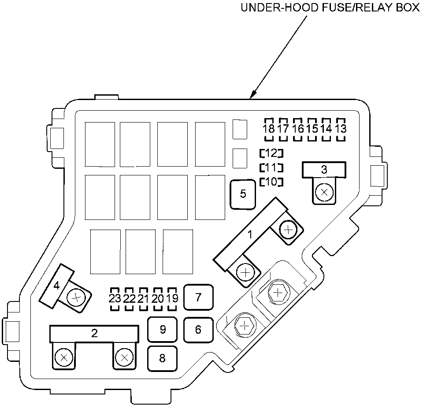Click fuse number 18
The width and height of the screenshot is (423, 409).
point(268,129)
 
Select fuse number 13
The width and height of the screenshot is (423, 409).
point(341,129)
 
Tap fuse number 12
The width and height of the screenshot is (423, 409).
point(271,153)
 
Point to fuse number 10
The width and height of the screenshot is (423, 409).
point(271,182)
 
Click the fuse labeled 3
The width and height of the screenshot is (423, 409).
point(324,169)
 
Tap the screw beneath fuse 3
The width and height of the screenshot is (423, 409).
point(325,192)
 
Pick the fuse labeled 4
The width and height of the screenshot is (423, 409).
point(56,286)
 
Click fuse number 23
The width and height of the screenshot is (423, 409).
point(115,298)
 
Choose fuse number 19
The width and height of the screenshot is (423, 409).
point(173,298)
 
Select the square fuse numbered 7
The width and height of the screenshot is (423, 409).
point(198,297)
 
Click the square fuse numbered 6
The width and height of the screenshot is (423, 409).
point(198,329)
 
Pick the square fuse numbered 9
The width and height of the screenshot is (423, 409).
point(163,329)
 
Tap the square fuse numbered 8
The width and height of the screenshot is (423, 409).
point(162,358)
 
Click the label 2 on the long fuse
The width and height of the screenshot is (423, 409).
point(94,333)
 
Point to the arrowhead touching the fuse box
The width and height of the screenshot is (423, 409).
point(252,96)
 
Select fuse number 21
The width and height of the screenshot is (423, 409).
point(144,298)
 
